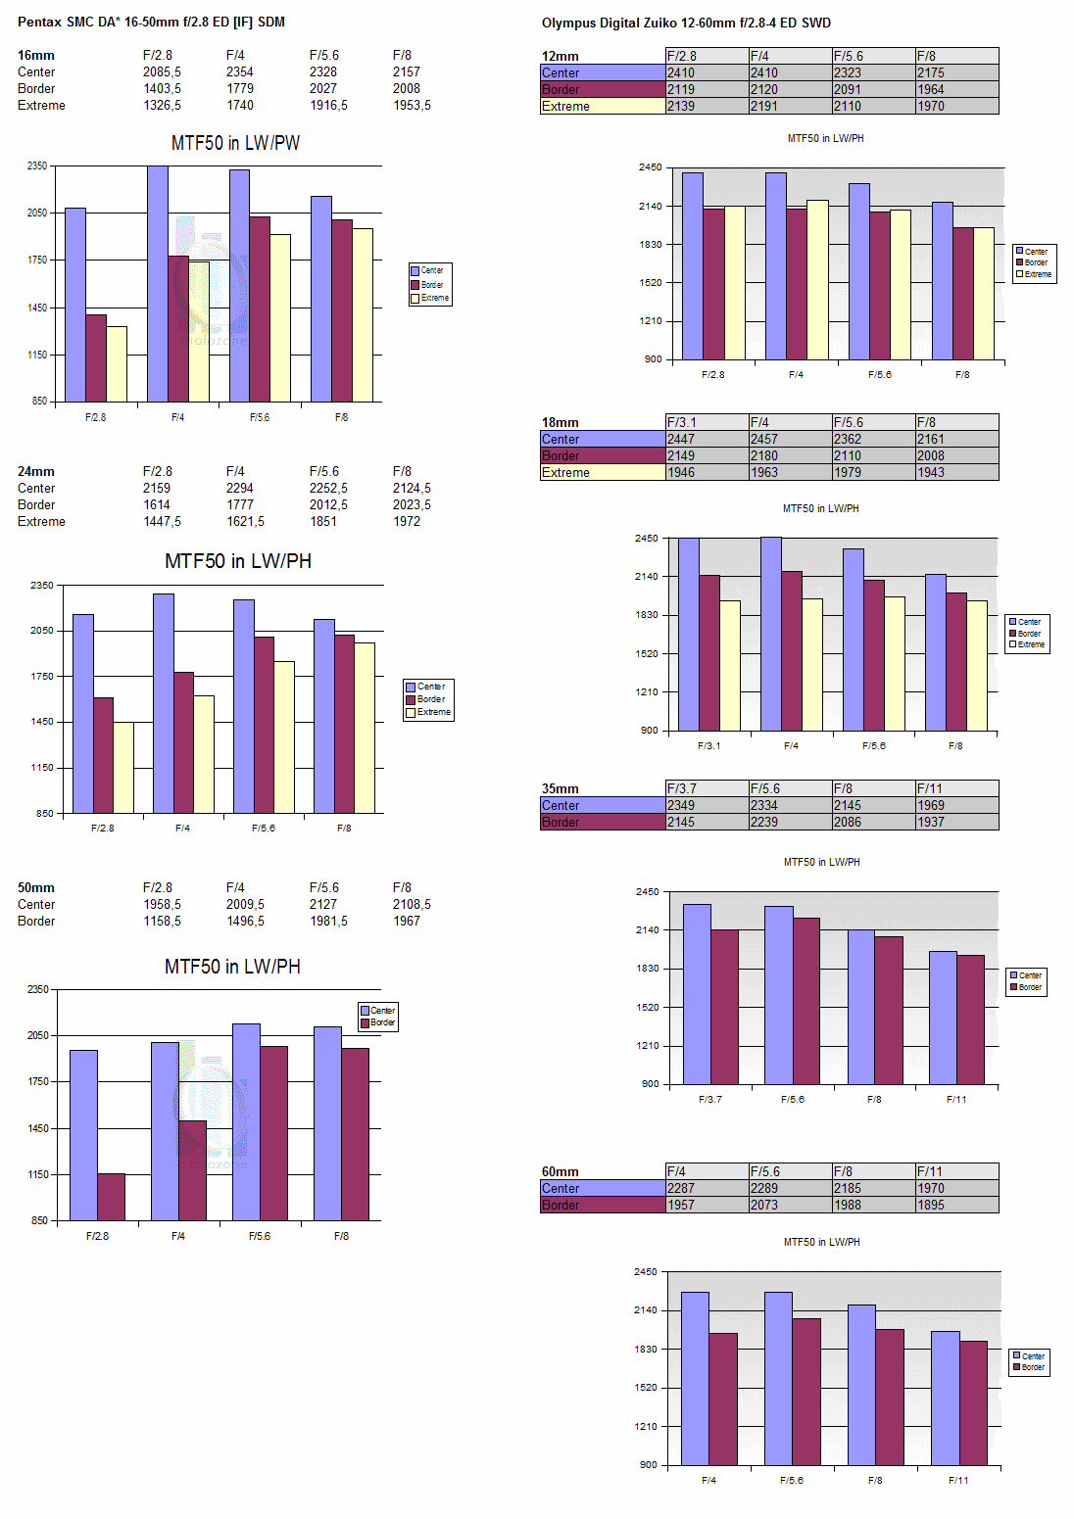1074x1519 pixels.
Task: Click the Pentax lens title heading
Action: (x=151, y=22)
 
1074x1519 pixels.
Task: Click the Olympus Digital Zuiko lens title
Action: (x=686, y=23)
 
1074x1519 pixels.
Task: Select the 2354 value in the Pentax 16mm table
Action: (x=240, y=71)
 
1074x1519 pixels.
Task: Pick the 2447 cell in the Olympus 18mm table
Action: (x=681, y=439)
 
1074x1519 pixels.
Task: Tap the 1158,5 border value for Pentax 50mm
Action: (x=162, y=921)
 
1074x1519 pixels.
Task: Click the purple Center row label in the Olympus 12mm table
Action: (x=602, y=72)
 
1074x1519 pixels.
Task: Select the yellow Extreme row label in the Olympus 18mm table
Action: (x=602, y=472)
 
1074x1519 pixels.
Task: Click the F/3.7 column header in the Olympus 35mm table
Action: (x=682, y=788)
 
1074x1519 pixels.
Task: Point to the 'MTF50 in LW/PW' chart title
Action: (x=235, y=143)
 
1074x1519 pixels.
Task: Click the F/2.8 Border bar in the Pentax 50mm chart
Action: (x=111, y=1196)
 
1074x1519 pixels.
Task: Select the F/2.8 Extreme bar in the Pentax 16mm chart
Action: (x=117, y=363)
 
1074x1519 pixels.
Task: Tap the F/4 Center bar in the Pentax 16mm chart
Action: (x=158, y=284)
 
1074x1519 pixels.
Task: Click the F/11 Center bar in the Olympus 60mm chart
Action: (x=945, y=1398)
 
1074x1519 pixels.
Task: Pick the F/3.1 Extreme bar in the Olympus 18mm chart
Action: (x=730, y=665)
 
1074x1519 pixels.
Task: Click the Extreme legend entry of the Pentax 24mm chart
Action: (x=428, y=712)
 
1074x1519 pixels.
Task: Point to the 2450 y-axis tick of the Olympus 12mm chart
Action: (x=650, y=167)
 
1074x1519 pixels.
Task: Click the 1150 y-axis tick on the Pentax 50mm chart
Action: (x=38, y=1174)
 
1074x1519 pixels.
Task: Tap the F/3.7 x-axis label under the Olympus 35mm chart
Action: (x=710, y=1099)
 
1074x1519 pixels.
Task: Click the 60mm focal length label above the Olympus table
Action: (x=560, y=1171)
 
